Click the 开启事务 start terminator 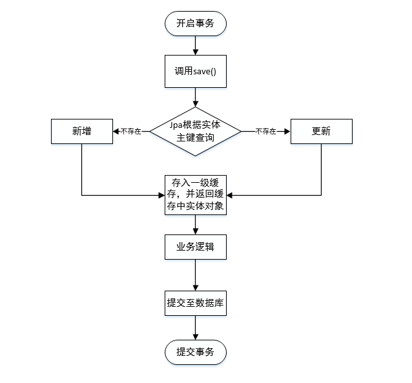tap(195, 25)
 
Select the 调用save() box tap(195, 72)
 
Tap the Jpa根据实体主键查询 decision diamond tap(195, 131)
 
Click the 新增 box tap(81, 131)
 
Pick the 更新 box tap(321, 131)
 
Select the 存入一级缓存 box tap(195, 194)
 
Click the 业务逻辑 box tap(195, 247)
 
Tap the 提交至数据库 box tap(195, 302)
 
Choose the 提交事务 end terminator tap(195, 352)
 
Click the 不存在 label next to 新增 tap(130, 131)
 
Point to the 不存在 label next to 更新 tap(265, 131)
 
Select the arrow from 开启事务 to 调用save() tap(195, 46)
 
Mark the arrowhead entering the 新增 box tap(114, 131)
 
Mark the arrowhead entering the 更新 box tap(287, 131)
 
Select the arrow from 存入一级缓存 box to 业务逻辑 tap(195, 223)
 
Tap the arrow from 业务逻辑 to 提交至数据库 tap(195, 275)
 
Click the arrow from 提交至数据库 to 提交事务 tap(195, 328)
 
